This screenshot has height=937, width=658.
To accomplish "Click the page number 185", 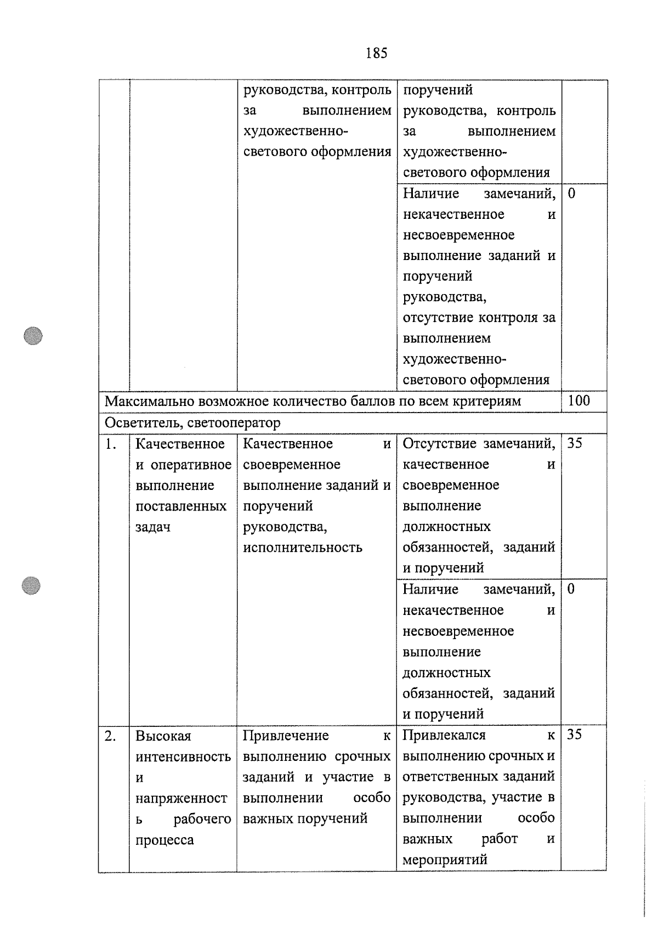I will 376,53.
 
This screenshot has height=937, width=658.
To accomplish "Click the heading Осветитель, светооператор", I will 192,423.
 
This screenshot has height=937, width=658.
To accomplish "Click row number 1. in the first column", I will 111,444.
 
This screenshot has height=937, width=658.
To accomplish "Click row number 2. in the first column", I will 110,736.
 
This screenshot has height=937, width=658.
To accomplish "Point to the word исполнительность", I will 302,547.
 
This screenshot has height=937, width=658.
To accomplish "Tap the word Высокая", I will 163,736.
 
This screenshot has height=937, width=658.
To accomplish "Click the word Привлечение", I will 286,736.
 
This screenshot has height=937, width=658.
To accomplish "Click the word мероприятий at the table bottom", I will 445,860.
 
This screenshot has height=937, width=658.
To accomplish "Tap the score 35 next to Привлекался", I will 575,735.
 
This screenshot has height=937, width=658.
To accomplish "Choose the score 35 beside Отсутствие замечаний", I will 575,443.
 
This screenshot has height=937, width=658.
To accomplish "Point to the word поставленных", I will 181,506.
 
